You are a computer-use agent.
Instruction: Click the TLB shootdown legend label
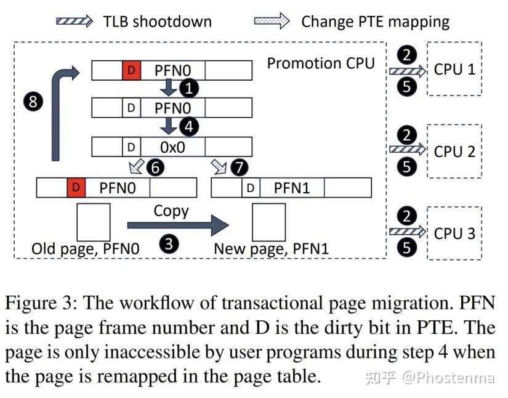click(x=157, y=22)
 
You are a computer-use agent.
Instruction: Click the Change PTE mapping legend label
click(x=375, y=22)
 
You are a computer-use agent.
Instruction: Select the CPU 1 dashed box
click(x=454, y=69)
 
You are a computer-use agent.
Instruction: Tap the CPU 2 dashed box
click(x=454, y=152)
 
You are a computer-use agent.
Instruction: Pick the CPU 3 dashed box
click(x=454, y=234)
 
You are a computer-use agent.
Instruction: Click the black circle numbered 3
click(x=169, y=245)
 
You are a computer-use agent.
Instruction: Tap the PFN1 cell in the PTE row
click(x=291, y=188)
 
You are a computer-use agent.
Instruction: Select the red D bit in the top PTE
click(x=131, y=70)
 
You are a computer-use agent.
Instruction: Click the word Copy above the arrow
click(x=171, y=211)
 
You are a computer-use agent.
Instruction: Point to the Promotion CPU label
click(x=320, y=63)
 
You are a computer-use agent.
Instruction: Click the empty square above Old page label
click(x=93, y=222)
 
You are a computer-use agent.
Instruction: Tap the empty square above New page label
click(x=269, y=222)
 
